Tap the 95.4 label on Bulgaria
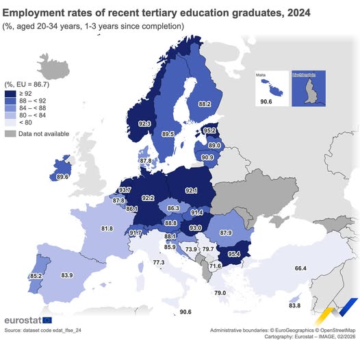(x=234, y=254)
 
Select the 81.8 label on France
(x=107, y=228)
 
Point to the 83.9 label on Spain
(x=66, y=275)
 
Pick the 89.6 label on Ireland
(x=63, y=177)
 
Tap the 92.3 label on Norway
(x=144, y=124)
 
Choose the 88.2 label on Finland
(x=204, y=104)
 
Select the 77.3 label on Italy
(x=158, y=263)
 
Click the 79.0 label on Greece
(x=220, y=293)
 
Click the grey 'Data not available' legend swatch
(x=12, y=133)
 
